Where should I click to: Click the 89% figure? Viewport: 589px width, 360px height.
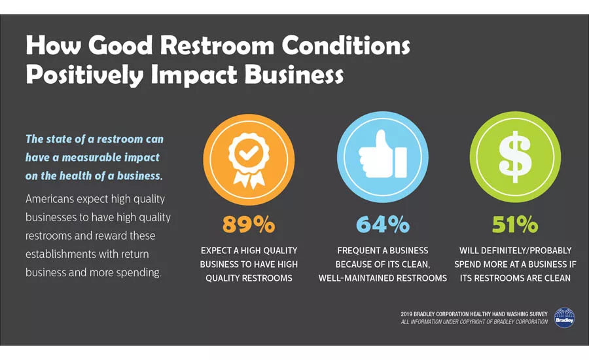[248, 224]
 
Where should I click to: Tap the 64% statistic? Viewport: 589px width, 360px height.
[383, 224]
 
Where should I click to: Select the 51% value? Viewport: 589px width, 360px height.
[515, 224]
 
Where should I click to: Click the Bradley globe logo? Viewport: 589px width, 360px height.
[563, 317]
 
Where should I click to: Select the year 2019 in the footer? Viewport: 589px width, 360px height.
[408, 314]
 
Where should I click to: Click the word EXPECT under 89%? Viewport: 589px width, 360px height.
[216, 251]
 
